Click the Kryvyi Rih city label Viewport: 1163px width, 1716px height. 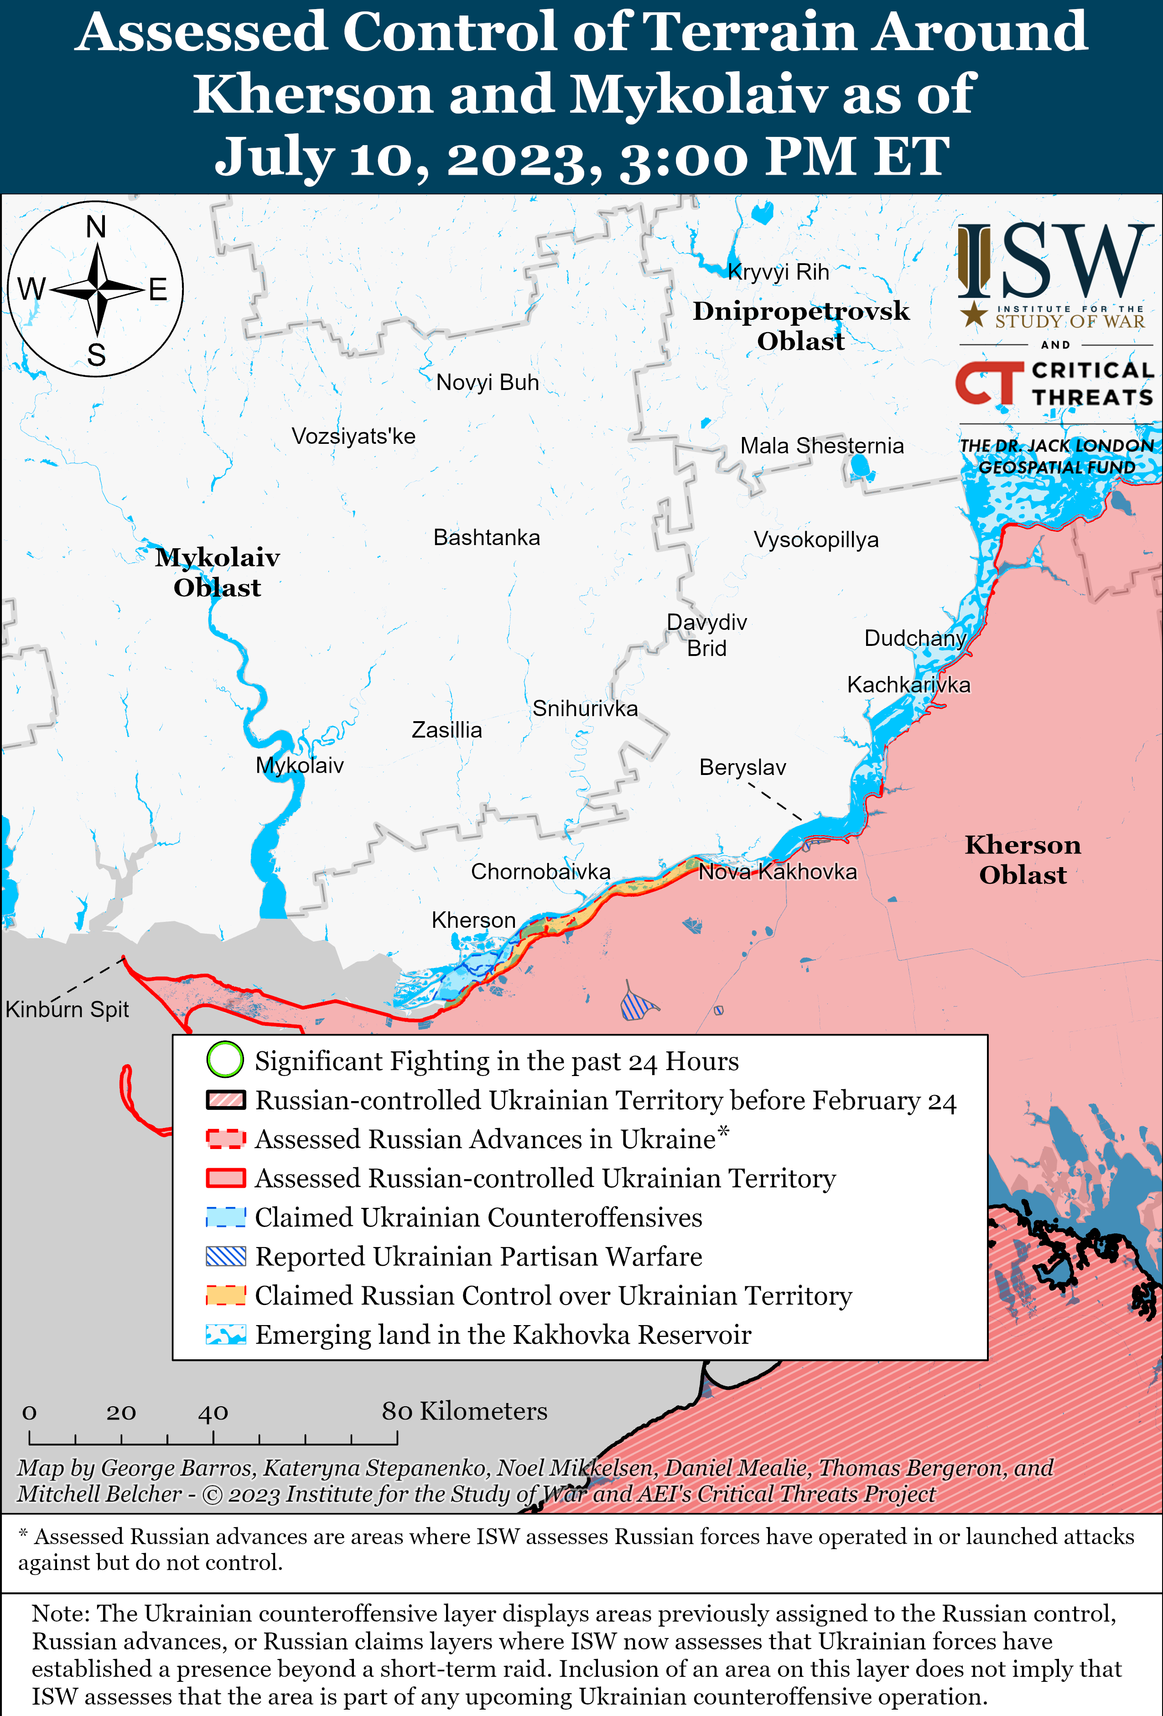(778, 272)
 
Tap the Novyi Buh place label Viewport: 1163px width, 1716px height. (488, 383)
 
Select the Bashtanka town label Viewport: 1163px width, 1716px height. (487, 537)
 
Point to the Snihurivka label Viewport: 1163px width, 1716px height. (585, 709)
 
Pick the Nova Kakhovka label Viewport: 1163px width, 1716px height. (778, 872)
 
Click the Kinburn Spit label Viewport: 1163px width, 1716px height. (67, 1009)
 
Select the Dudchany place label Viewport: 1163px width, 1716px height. (915, 638)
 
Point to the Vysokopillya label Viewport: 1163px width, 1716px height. (816, 540)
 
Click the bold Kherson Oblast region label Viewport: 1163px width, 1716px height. (1023, 859)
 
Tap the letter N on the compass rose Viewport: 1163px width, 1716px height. (96, 227)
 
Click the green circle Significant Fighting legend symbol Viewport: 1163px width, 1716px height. (224, 1060)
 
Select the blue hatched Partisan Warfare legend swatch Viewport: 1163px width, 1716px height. (225, 1256)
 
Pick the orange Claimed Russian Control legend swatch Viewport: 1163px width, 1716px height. (225, 1295)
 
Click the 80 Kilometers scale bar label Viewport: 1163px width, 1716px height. (464, 1411)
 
